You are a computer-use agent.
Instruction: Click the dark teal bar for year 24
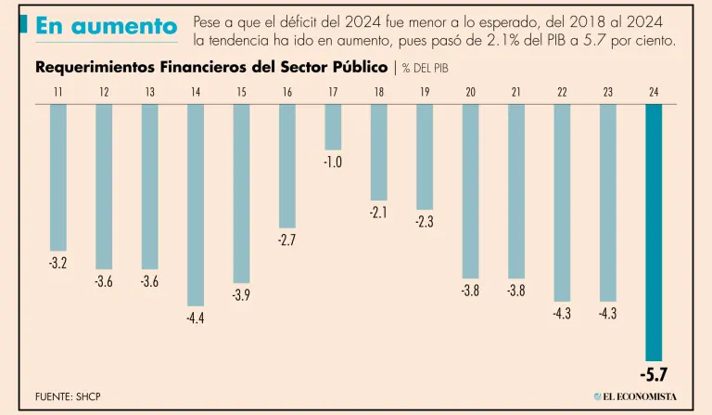[654, 232]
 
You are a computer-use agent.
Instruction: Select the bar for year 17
[333, 127]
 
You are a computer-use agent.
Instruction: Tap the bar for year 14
[196, 204]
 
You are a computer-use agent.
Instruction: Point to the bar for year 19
[425, 157]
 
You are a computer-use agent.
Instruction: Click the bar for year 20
[470, 190]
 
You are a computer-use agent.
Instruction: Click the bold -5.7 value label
[654, 375]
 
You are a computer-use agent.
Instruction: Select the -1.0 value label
[333, 162]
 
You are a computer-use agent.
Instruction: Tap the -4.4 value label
[196, 318]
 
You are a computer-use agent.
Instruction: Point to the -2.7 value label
[287, 240]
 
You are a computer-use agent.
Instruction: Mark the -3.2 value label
[58, 264]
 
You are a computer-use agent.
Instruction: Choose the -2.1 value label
[378, 212]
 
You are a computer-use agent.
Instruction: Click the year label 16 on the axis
[287, 92]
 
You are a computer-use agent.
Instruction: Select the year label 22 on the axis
[562, 92]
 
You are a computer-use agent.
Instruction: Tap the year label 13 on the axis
[150, 92]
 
